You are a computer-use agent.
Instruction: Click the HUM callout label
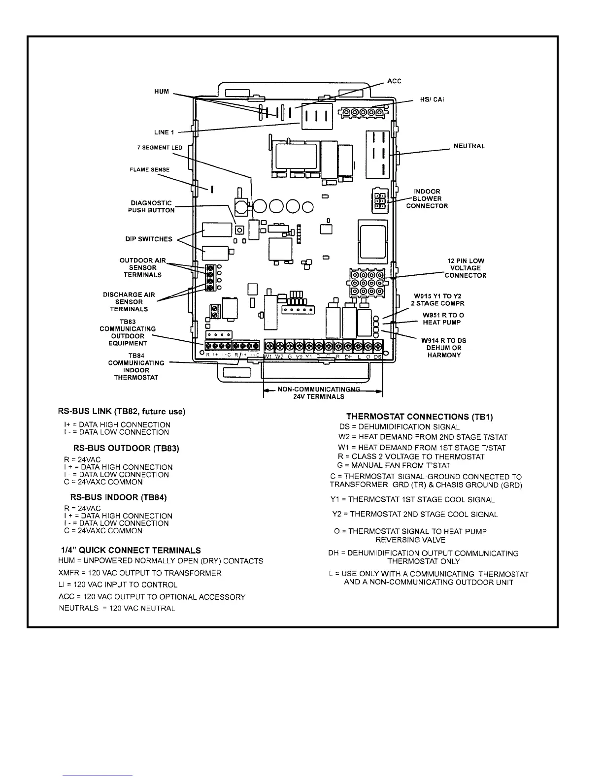tap(162, 92)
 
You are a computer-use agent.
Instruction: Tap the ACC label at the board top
tap(394, 81)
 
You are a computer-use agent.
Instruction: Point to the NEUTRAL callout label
tap(469, 146)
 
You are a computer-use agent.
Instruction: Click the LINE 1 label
tap(164, 132)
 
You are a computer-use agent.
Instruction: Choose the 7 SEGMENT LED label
tap(160, 148)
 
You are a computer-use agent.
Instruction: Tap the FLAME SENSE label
tap(149, 170)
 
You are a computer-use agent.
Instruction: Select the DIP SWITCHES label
tap(148, 239)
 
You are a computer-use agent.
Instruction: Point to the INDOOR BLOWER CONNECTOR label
tap(427, 198)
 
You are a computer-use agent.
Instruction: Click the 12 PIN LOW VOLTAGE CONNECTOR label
tap(466, 268)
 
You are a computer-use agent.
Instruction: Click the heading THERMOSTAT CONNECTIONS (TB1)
tap(420, 417)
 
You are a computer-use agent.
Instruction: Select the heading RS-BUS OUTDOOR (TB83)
tap(126, 449)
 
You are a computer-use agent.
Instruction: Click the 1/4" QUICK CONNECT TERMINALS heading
tap(131, 550)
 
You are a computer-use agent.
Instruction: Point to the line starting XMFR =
tap(140, 573)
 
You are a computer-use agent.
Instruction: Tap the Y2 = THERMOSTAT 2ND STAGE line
tap(415, 515)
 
